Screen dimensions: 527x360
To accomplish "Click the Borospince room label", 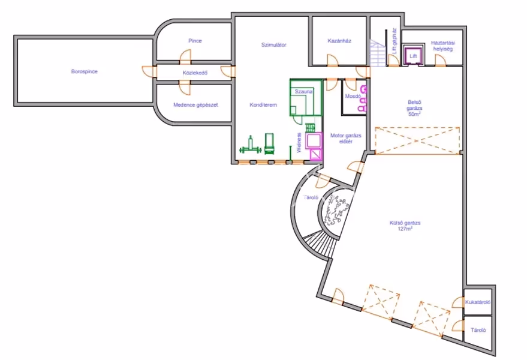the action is [84, 71].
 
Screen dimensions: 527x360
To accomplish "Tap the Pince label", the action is [194, 41].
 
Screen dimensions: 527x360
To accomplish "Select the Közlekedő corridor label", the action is [194, 73].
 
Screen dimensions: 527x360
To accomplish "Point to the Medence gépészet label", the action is [195, 104].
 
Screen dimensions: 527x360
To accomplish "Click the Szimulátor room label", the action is [273, 44].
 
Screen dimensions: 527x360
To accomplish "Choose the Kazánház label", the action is [339, 41].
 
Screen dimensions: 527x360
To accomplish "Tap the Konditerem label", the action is [263, 105].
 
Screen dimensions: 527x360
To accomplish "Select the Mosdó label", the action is [353, 96].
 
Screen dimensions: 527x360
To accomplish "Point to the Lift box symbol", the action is [412, 55].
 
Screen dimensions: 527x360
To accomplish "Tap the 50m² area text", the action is [413, 113].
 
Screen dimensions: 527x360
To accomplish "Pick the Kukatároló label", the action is [478, 302].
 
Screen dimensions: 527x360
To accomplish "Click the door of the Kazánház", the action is [332, 61].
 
